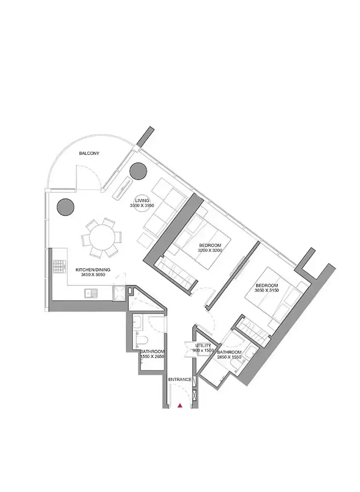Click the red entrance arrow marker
point(180,406)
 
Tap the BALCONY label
point(89,154)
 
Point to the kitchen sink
point(91,293)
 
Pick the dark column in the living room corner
point(138,171)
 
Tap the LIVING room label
point(142,201)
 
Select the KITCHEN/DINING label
point(93,270)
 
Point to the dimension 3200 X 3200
point(210,250)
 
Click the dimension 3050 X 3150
point(267,290)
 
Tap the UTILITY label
point(203,345)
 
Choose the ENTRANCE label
point(180,379)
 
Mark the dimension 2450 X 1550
point(229,357)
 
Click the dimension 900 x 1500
point(203,350)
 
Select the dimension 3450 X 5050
point(93,275)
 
